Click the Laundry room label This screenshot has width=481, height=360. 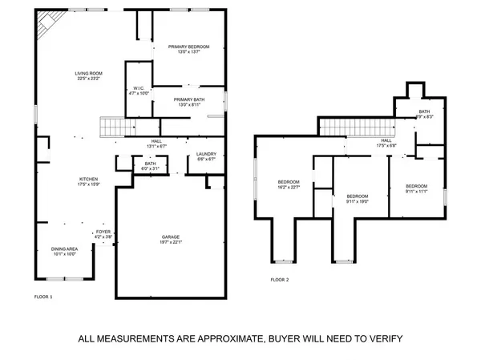click(207, 156)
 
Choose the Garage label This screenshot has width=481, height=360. click(172, 239)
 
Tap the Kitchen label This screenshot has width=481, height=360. click(88, 180)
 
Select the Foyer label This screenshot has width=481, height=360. click(103, 233)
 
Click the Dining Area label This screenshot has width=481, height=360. click(63, 251)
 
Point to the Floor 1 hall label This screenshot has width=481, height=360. click(157, 143)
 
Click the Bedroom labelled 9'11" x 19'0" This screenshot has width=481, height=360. click(357, 199)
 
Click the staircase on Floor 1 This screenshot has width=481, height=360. click(113, 127)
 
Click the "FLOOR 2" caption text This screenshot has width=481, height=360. click(279, 280)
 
